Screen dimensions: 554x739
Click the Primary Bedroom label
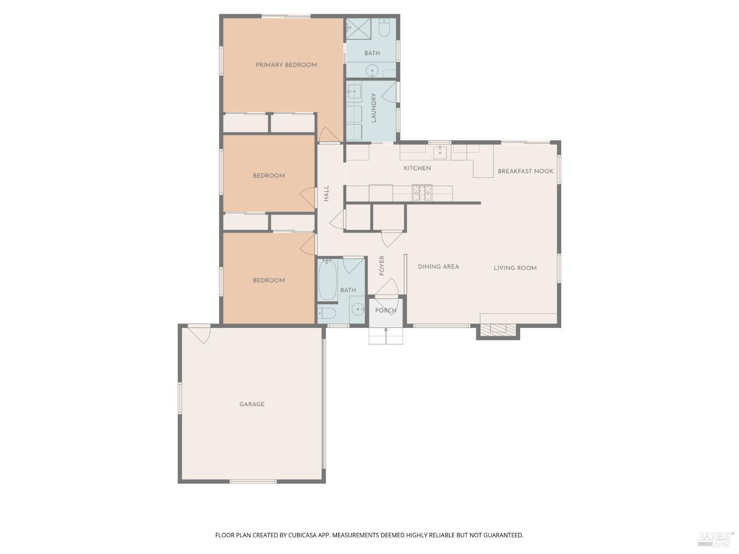[286, 65]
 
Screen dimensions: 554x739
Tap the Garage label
[252, 404]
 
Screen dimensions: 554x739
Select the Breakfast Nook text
[525, 171]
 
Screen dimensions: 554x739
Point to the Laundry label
[373, 108]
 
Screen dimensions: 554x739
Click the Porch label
[386, 311]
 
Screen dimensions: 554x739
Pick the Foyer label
[382, 265]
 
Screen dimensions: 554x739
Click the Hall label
[326, 193]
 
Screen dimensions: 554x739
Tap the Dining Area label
[438, 267]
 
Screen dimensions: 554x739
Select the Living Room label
[515, 268]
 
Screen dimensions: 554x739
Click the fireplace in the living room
[498, 330]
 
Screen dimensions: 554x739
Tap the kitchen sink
[440, 152]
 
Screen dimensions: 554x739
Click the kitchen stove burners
[422, 193]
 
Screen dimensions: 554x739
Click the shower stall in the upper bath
[358, 28]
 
